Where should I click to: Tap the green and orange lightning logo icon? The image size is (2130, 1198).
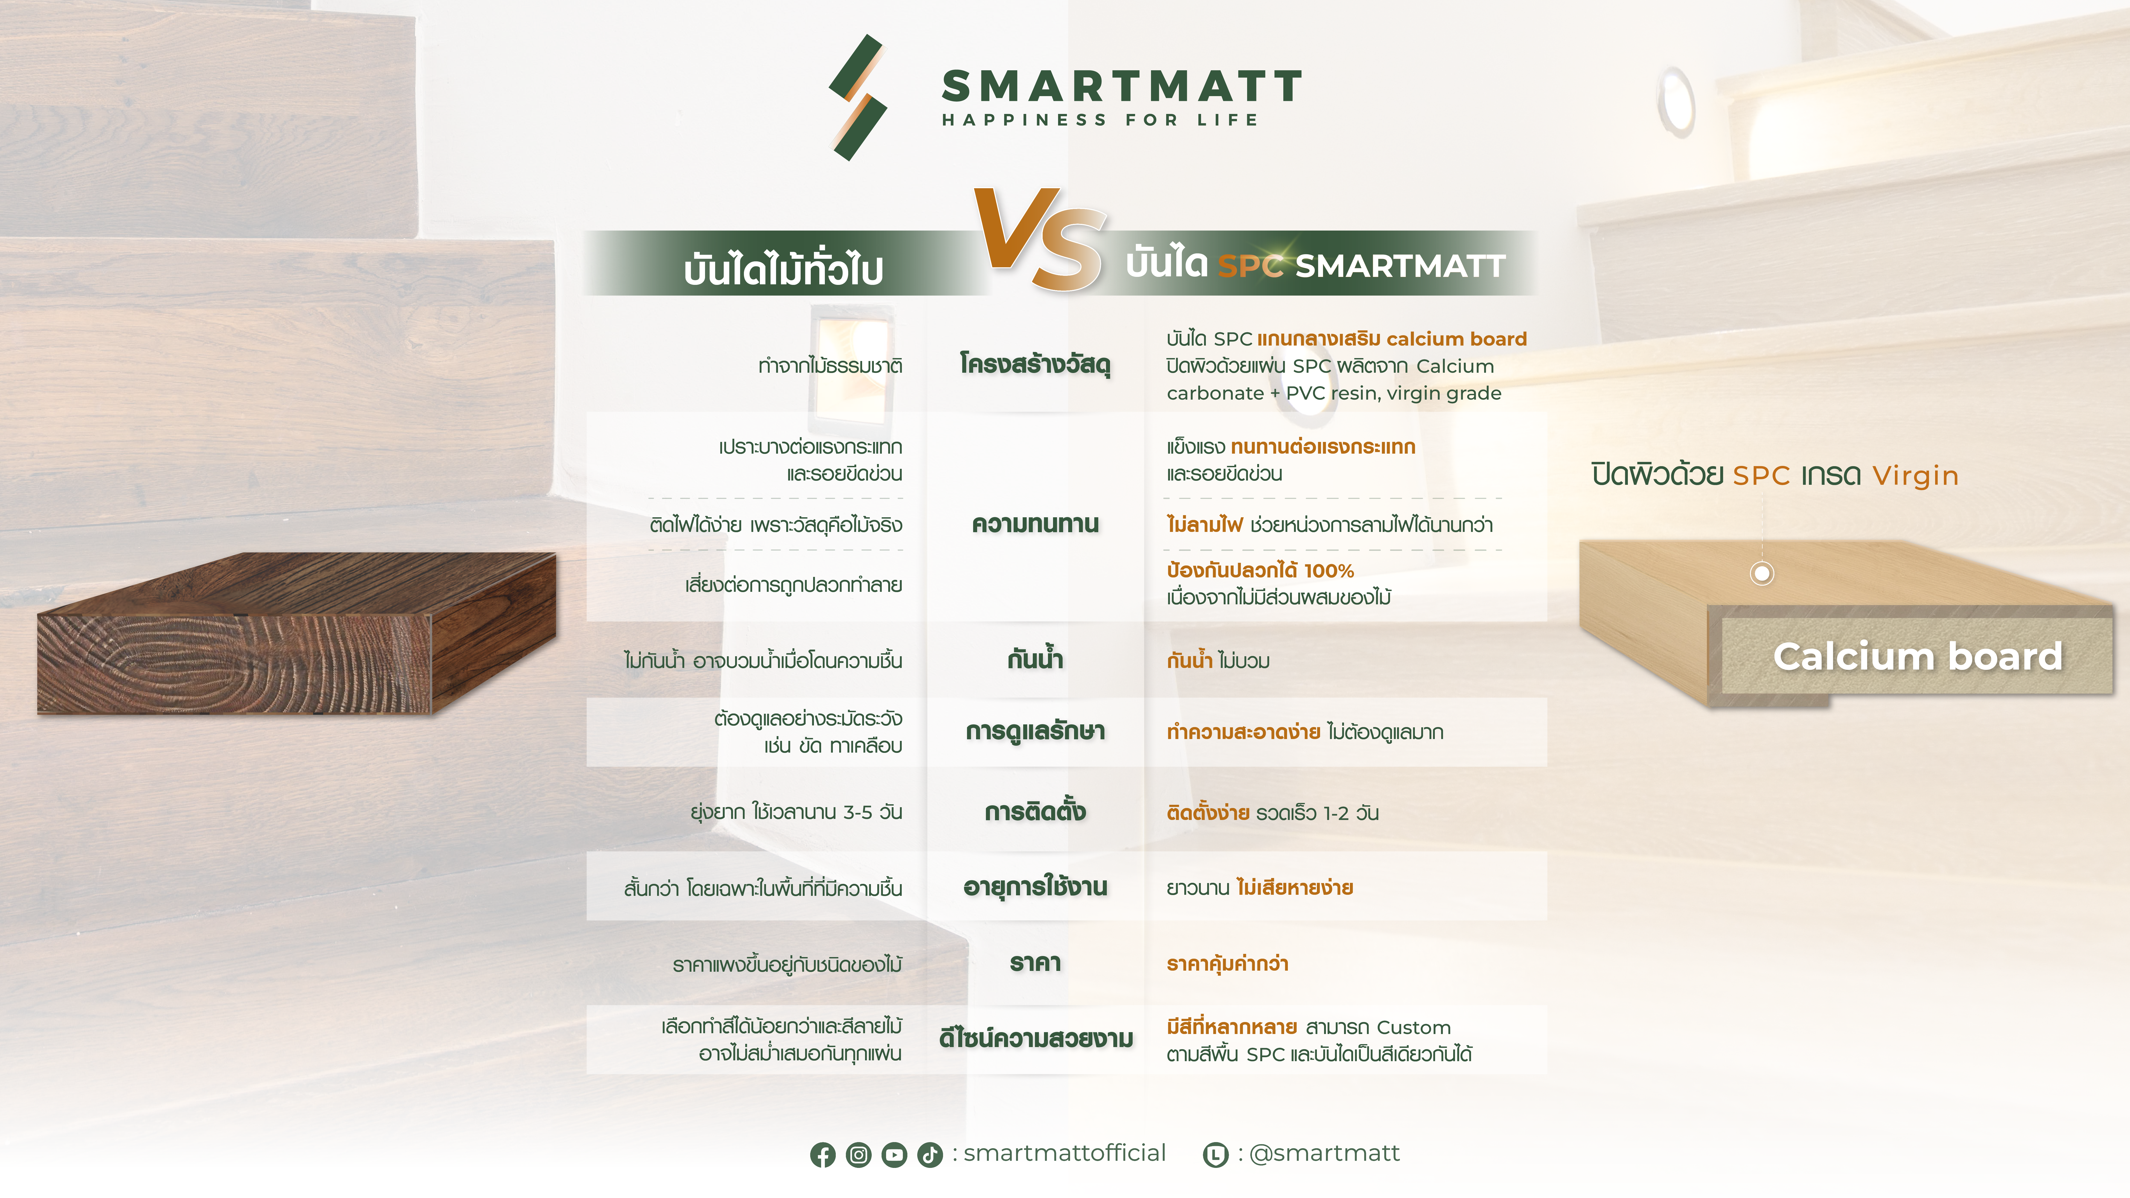(857, 97)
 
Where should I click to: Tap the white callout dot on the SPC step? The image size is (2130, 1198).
(1762, 573)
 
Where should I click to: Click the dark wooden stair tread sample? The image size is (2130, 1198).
(296, 633)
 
